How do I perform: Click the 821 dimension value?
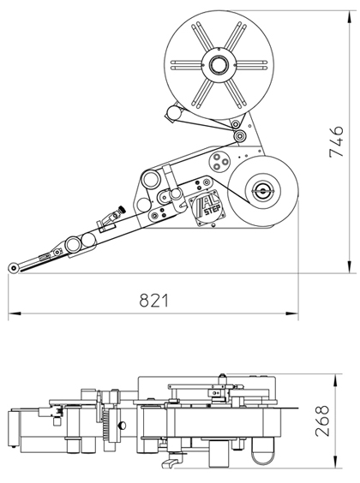point(154,301)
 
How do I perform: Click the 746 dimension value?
point(336,141)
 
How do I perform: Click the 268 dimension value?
point(322,420)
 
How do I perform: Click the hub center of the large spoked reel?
point(219,65)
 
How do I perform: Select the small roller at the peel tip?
point(13,268)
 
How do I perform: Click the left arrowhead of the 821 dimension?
point(15,313)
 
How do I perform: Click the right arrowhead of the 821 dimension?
point(292,313)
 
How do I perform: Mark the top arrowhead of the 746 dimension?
point(349,17)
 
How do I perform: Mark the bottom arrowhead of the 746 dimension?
point(349,266)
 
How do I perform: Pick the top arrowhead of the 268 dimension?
point(335,380)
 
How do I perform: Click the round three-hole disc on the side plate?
point(219,161)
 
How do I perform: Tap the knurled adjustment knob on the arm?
point(122,210)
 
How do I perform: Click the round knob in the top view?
point(122,426)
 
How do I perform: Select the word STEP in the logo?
point(212,211)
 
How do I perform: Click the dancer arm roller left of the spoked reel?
point(174,113)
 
